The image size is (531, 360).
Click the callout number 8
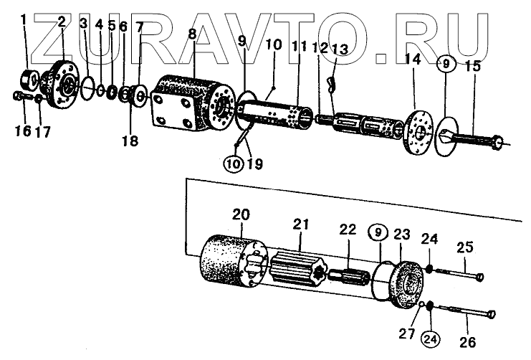coord(192,34)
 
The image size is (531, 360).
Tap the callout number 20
coord(241,214)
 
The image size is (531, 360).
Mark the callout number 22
coord(348,229)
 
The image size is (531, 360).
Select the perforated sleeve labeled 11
coord(275,113)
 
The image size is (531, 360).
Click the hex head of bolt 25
coord(480,277)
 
